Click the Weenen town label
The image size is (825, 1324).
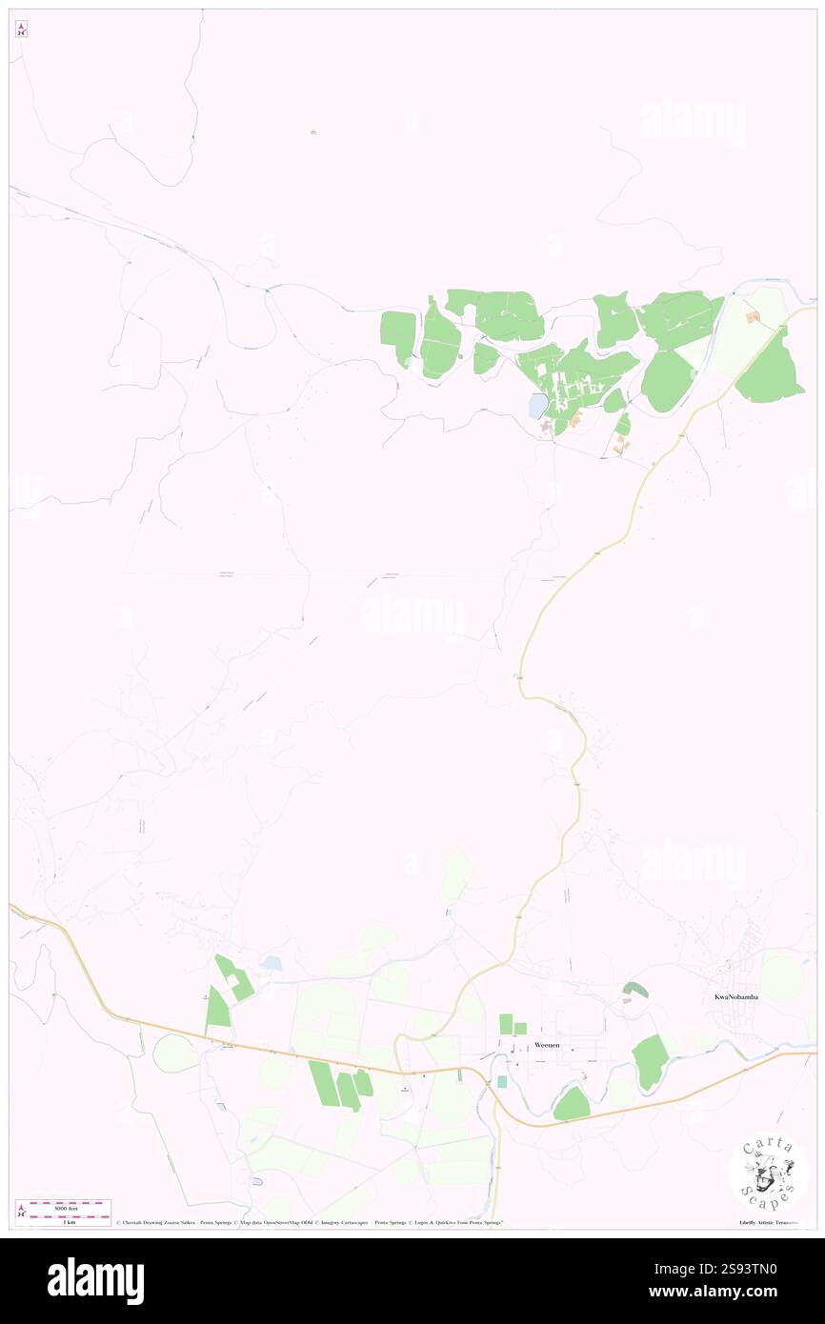tap(547, 1045)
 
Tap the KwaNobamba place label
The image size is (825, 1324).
tap(736, 997)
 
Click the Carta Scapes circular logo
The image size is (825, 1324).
tap(768, 1173)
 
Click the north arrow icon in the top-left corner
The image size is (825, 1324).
tap(21, 30)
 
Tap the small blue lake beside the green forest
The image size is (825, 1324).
tap(538, 407)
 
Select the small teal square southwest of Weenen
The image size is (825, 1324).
tap(502, 1081)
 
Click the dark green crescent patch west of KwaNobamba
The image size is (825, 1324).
tap(636, 991)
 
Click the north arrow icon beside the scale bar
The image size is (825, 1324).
tap(21, 1211)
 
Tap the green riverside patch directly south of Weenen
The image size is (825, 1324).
tap(572, 1105)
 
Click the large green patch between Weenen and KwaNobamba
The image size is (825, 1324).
tap(650, 1061)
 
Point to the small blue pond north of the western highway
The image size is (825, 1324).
tap(272, 964)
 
